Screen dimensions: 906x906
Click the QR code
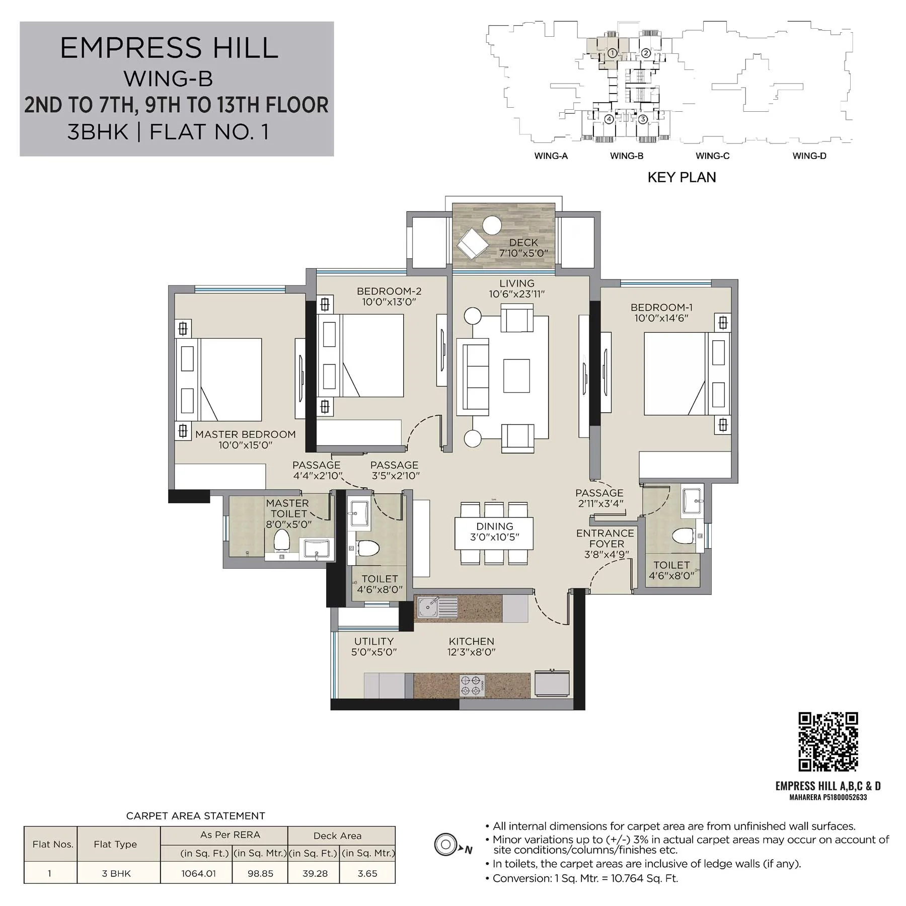coord(828,741)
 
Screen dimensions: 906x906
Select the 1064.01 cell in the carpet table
coord(199,873)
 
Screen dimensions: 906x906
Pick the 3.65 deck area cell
coord(367,873)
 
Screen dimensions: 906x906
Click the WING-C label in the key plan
coord(712,156)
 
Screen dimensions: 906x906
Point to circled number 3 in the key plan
coord(643,120)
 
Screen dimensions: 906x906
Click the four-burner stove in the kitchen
coord(473,686)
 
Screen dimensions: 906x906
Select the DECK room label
coord(523,243)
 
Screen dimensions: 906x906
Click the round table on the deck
coord(491,225)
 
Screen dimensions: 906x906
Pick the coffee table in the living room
coord(516,375)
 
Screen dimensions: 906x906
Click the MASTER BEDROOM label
coord(245,434)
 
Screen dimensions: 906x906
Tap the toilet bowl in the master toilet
coord(281,542)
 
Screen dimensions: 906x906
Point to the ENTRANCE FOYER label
coord(606,538)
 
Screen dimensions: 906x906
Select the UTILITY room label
coord(374,641)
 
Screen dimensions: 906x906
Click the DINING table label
coord(495,526)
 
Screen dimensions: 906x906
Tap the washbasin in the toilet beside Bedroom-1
coord(694,500)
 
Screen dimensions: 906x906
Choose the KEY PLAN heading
coord(682,177)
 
